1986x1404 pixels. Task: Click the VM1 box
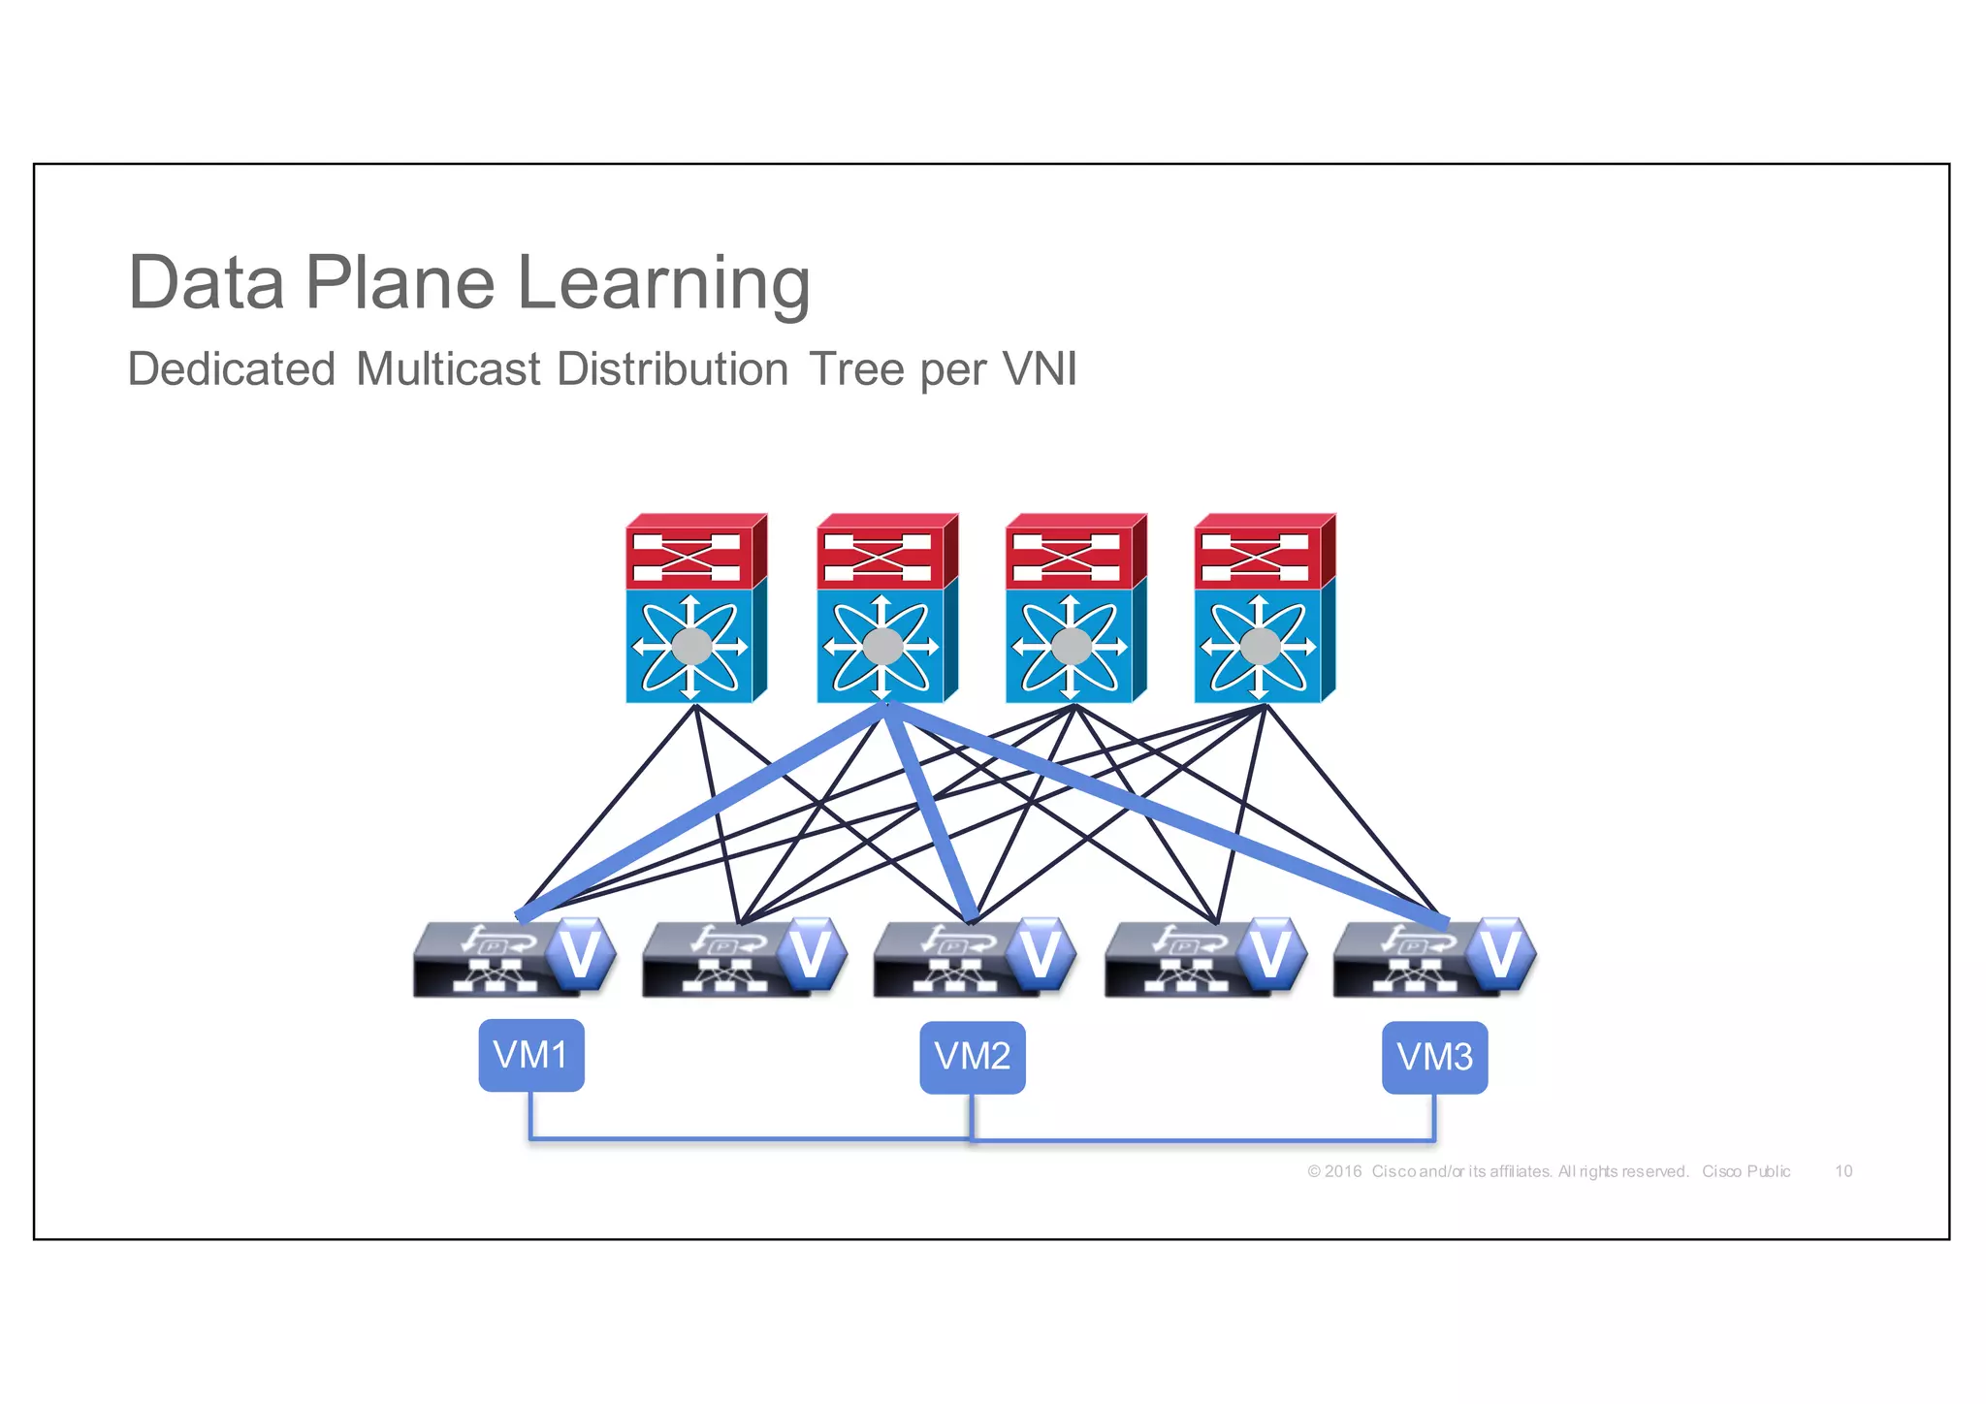pyautogui.click(x=531, y=1055)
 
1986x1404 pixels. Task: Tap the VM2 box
pyautogui.click(x=972, y=1057)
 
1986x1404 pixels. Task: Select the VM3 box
pyautogui.click(x=1434, y=1057)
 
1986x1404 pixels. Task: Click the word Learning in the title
pyautogui.click(x=663, y=283)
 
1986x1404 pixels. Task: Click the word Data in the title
pyautogui.click(x=207, y=283)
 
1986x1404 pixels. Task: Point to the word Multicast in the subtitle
pyautogui.click(x=448, y=369)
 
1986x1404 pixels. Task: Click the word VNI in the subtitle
pyautogui.click(x=1039, y=369)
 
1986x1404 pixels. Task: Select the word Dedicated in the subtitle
pyautogui.click(x=232, y=369)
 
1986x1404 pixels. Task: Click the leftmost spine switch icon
pyautogui.click(x=694, y=609)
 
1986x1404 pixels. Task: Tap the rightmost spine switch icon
pyautogui.click(x=1263, y=609)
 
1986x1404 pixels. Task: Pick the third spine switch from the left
pyautogui.click(x=1074, y=609)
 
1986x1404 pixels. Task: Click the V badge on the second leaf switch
pyautogui.click(x=811, y=954)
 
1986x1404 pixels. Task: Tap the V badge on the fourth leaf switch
pyautogui.click(x=1270, y=954)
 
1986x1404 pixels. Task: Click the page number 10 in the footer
pyautogui.click(x=1843, y=1171)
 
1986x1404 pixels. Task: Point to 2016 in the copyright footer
pyautogui.click(x=1343, y=1171)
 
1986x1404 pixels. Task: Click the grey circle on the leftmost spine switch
pyautogui.click(x=692, y=646)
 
